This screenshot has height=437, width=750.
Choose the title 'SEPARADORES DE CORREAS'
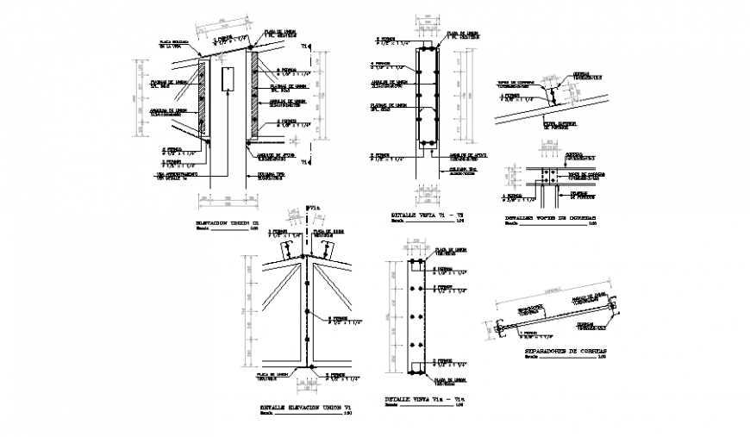pyautogui.click(x=565, y=352)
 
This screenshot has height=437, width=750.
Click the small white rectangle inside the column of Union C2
pyautogui.click(x=227, y=79)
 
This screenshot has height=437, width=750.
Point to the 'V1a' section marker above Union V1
pyautogui.click(x=312, y=208)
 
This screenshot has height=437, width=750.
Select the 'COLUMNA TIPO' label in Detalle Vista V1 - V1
pyautogui.click(x=461, y=170)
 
